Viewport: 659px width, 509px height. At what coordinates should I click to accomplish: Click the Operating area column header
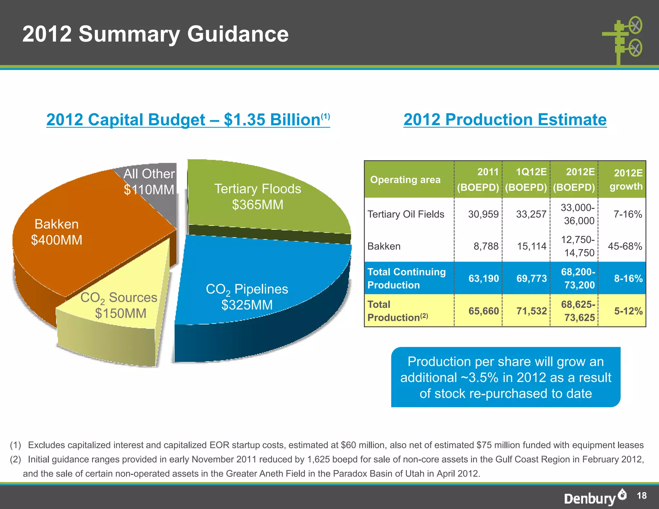405,180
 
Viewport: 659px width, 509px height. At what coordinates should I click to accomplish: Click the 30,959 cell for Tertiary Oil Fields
483,214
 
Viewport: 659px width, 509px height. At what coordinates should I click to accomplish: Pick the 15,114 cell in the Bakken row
531,246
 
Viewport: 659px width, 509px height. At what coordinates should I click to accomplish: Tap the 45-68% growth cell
625,246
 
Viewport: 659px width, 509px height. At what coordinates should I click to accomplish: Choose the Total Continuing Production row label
406,278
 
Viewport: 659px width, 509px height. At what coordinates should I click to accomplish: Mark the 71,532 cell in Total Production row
531,311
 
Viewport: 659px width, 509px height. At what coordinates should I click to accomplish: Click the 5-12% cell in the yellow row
628,311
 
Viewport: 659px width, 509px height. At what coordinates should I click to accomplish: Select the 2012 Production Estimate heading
505,120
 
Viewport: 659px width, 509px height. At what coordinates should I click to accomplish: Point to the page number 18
642,495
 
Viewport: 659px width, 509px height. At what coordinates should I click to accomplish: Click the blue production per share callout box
506,377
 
